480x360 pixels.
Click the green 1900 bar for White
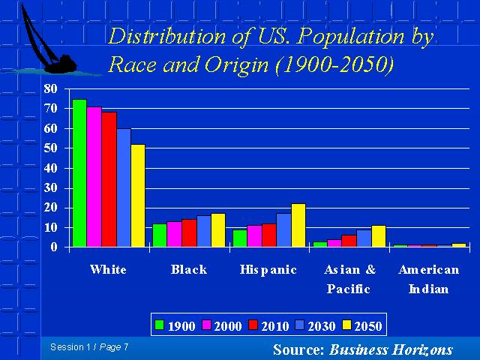tap(79, 173)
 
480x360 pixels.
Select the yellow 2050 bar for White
tap(138, 196)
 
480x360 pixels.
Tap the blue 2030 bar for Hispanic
tap(283, 230)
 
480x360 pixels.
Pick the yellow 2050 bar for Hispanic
tap(298, 225)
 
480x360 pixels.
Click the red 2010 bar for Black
tap(189, 233)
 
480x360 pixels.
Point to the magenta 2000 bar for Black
tap(175, 234)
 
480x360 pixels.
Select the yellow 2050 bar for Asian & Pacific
tap(379, 236)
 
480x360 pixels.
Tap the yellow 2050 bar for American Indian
tap(459, 245)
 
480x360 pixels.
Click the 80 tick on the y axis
tap(51, 88)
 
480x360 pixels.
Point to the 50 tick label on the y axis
tap(51, 148)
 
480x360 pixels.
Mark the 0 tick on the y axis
tap(54, 247)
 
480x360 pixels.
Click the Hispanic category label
tap(268, 270)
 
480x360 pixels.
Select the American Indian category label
tap(429, 279)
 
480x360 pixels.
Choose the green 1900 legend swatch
tap(160, 325)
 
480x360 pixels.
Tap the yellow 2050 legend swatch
tap(346, 325)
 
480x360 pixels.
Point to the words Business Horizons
tap(391, 349)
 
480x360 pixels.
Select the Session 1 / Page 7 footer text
tap(89, 347)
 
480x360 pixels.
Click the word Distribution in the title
tap(167, 36)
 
